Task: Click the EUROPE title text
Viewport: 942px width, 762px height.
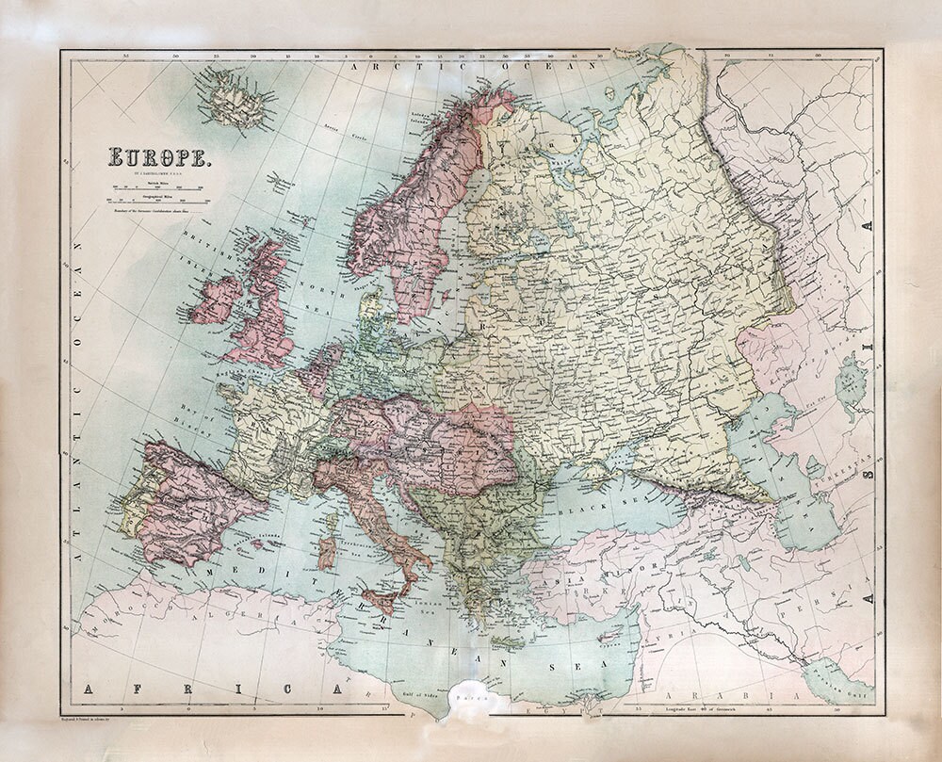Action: [161, 158]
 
